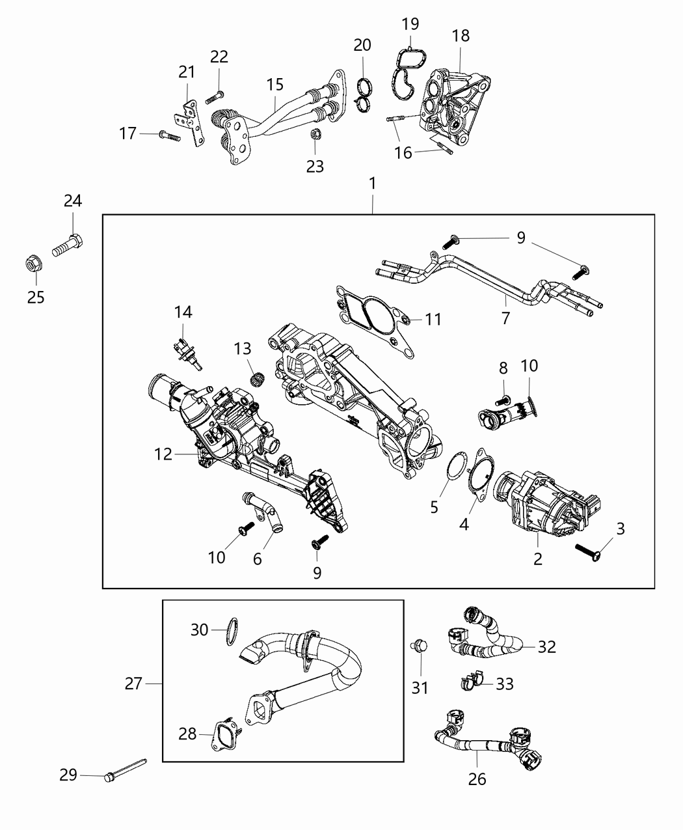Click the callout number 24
coord(73,201)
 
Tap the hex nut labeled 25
coord(31,265)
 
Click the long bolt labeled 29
coord(124,768)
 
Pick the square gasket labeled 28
coord(225,732)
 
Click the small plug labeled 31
coord(419,646)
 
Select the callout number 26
coord(477,779)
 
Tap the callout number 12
coord(164,454)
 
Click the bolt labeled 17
coord(167,135)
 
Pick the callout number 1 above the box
coord(373,184)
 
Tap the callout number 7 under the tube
coord(505,318)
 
